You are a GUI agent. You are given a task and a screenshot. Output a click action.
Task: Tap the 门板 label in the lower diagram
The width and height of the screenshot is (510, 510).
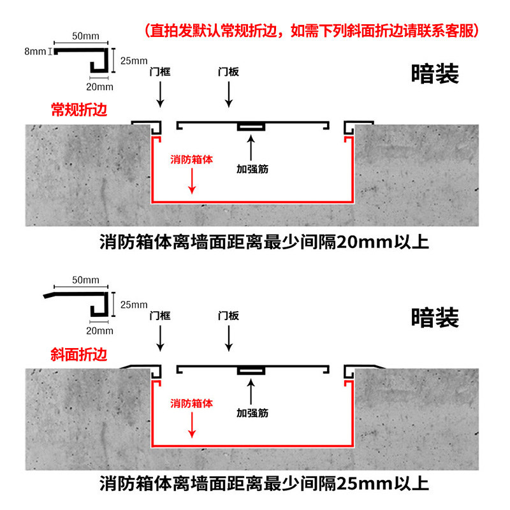tap(228, 315)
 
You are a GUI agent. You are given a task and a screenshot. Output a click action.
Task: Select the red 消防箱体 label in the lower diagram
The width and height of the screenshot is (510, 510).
tap(192, 403)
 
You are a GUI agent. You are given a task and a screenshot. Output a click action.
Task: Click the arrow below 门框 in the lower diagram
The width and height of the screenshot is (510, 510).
tap(159, 337)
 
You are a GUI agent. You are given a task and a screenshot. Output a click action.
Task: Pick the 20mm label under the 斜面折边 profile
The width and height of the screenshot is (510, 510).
tap(99, 330)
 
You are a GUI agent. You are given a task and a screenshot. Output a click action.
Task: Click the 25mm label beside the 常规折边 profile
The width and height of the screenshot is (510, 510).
tap(133, 61)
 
